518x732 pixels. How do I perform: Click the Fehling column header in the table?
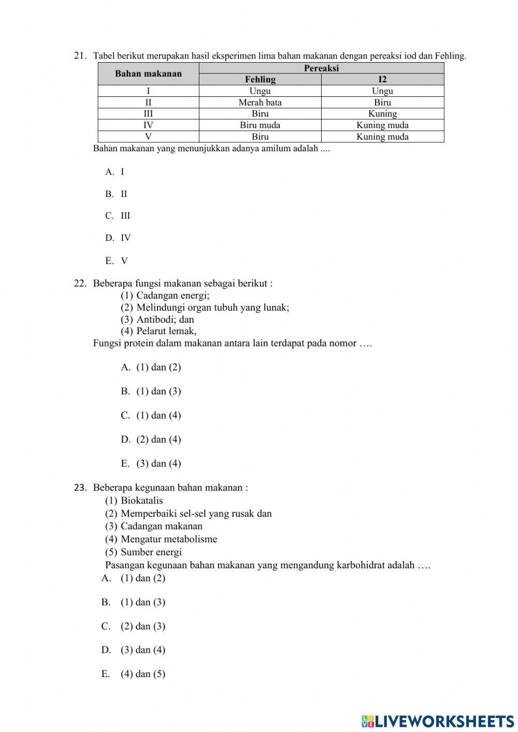pyautogui.click(x=260, y=79)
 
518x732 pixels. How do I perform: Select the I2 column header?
pyautogui.click(x=382, y=79)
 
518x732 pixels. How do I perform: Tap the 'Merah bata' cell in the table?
pyautogui.click(x=260, y=102)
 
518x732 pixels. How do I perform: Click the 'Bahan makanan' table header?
pyautogui.click(x=148, y=74)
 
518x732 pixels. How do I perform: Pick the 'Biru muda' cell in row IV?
pyautogui.click(x=260, y=125)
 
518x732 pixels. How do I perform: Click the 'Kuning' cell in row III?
pyautogui.click(x=382, y=113)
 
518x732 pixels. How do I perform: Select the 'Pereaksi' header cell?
pyautogui.click(x=321, y=68)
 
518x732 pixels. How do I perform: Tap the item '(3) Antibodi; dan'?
pyautogui.click(x=157, y=319)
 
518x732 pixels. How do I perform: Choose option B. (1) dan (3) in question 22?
pyautogui.click(x=151, y=391)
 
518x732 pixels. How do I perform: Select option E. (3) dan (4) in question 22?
pyautogui.click(x=151, y=463)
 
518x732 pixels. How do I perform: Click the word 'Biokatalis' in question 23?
pyautogui.click(x=141, y=500)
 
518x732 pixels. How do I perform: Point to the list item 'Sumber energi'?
pyautogui.click(x=151, y=552)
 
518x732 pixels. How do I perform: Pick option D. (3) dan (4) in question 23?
pyautogui.click(x=134, y=650)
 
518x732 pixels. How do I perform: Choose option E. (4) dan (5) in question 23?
pyautogui.click(x=134, y=673)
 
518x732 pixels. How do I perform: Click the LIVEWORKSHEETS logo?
pyautogui.click(x=438, y=721)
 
